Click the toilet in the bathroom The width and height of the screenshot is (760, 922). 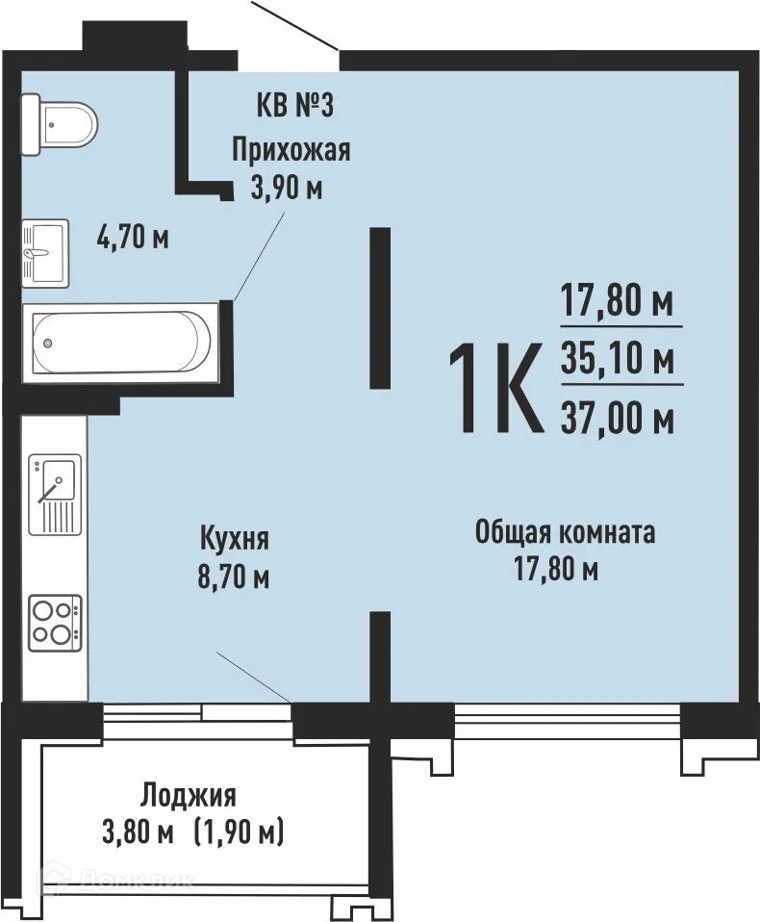[x=59, y=124]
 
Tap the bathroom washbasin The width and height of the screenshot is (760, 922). [x=44, y=252]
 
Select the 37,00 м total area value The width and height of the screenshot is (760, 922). [x=616, y=419]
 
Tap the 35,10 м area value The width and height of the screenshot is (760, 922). [x=616, y=362]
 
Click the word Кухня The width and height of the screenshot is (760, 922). [x=234, y=537]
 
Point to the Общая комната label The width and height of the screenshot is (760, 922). [x=566, y=531]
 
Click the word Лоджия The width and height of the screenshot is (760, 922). [x=188, y=795]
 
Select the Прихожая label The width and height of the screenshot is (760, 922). [x=290, y=149]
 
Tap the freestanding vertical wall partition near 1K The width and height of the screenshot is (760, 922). [x=380, y=307]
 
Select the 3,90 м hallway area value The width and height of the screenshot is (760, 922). [x=286, y=188]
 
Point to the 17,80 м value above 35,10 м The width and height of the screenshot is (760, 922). [x=616, y=303]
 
